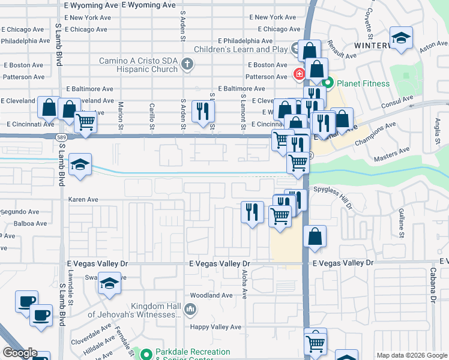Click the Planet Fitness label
[x=364, y=83]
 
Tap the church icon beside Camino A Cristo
[x=187, y=64]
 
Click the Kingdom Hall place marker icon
[x=190, y=310]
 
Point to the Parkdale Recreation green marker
[x=146, y=354]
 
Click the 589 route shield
[x=61, y=137]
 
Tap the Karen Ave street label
[x=83, y=199]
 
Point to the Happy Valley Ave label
[x=215, y=327]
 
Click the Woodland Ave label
[x=211, y=295]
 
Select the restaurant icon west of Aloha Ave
[x=252, y=211]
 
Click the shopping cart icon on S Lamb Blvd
[x=86, y=122]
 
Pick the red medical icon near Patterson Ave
[x=298, y=74]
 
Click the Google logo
[x=19, y=353]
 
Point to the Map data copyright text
[x=412, y=355]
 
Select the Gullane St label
[x=401, y=221]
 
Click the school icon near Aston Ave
[x=400, y=38]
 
